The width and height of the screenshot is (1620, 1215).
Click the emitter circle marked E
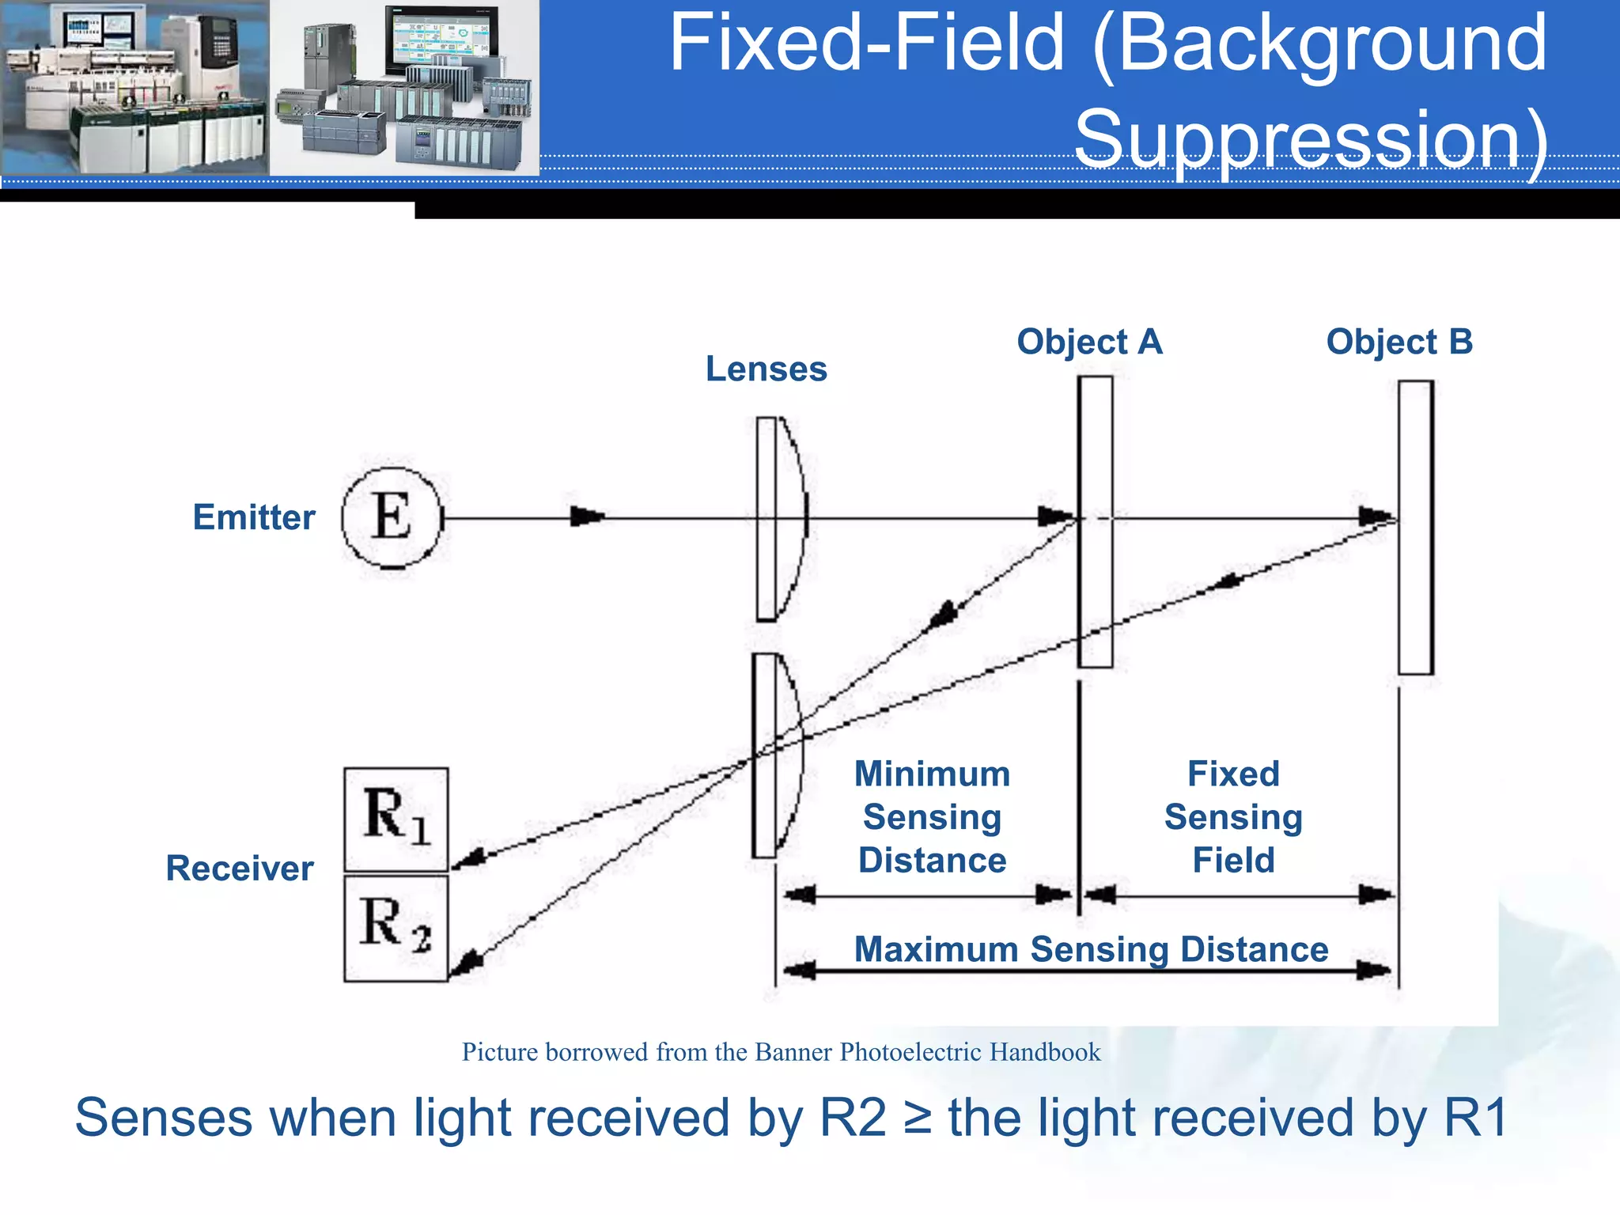pyautogui.click(x=392, y=518)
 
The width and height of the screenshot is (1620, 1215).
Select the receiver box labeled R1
pyautogui.click(x=396, y=819)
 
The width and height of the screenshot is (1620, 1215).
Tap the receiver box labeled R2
pyautogui.click(x=396, y=927)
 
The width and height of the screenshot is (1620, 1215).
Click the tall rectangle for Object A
pyautogui.click(x=1096, y=522)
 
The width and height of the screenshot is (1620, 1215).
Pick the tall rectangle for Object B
pyautogui.click(x=1415, y=528)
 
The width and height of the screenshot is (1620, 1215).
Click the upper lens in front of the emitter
pyautogui.click(x=779, y=519)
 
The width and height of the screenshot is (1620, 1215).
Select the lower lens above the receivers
pyautogui.click(x=776, y=755)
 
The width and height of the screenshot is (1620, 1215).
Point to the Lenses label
pyautogui.click(x=766, y=369)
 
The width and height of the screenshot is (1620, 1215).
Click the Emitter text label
pyautogui.click(x=254, y=517)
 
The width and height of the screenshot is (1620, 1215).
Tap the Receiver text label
pyautogui.click(x=240, y=869)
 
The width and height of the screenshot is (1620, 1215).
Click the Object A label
pyautogui.click(x=1089, y=342)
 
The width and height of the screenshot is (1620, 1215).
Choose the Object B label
pyautogui.click(x=1399, y=342)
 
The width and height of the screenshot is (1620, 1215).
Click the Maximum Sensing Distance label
pyautogui.click(x=1091, y=949)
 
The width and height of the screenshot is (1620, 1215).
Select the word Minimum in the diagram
pyautogui.click(x=932, y=774)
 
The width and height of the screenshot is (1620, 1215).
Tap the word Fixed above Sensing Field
pyautogui.click(x=1233, y=774)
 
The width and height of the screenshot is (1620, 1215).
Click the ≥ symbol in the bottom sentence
pyautogui.click(x=917, y=1118)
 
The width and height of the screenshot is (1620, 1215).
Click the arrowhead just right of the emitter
pyautogui.click(x=587, y=517)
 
